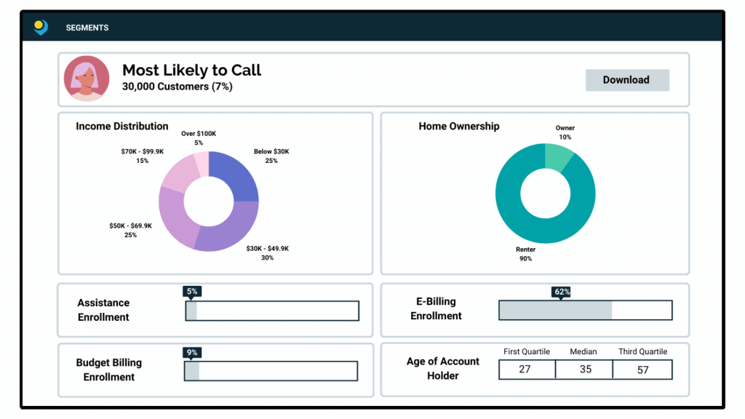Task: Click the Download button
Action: click(626, 80)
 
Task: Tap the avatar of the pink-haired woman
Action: click(87, 79)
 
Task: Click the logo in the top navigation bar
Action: click(41, 28)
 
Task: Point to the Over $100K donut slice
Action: click(202, 161)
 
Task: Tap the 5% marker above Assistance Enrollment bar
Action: click(192, 292)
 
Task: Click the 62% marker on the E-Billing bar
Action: click(562, 292)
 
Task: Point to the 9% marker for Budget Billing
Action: click(192, 353)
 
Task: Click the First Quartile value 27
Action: click(525, 370)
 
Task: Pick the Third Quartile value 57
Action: click(642, 370)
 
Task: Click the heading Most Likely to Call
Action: click(191, 70)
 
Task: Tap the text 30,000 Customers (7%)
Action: click(178, 87)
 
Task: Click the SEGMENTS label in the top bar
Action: click(87, 28)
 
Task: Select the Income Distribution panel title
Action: click(122, 127)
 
